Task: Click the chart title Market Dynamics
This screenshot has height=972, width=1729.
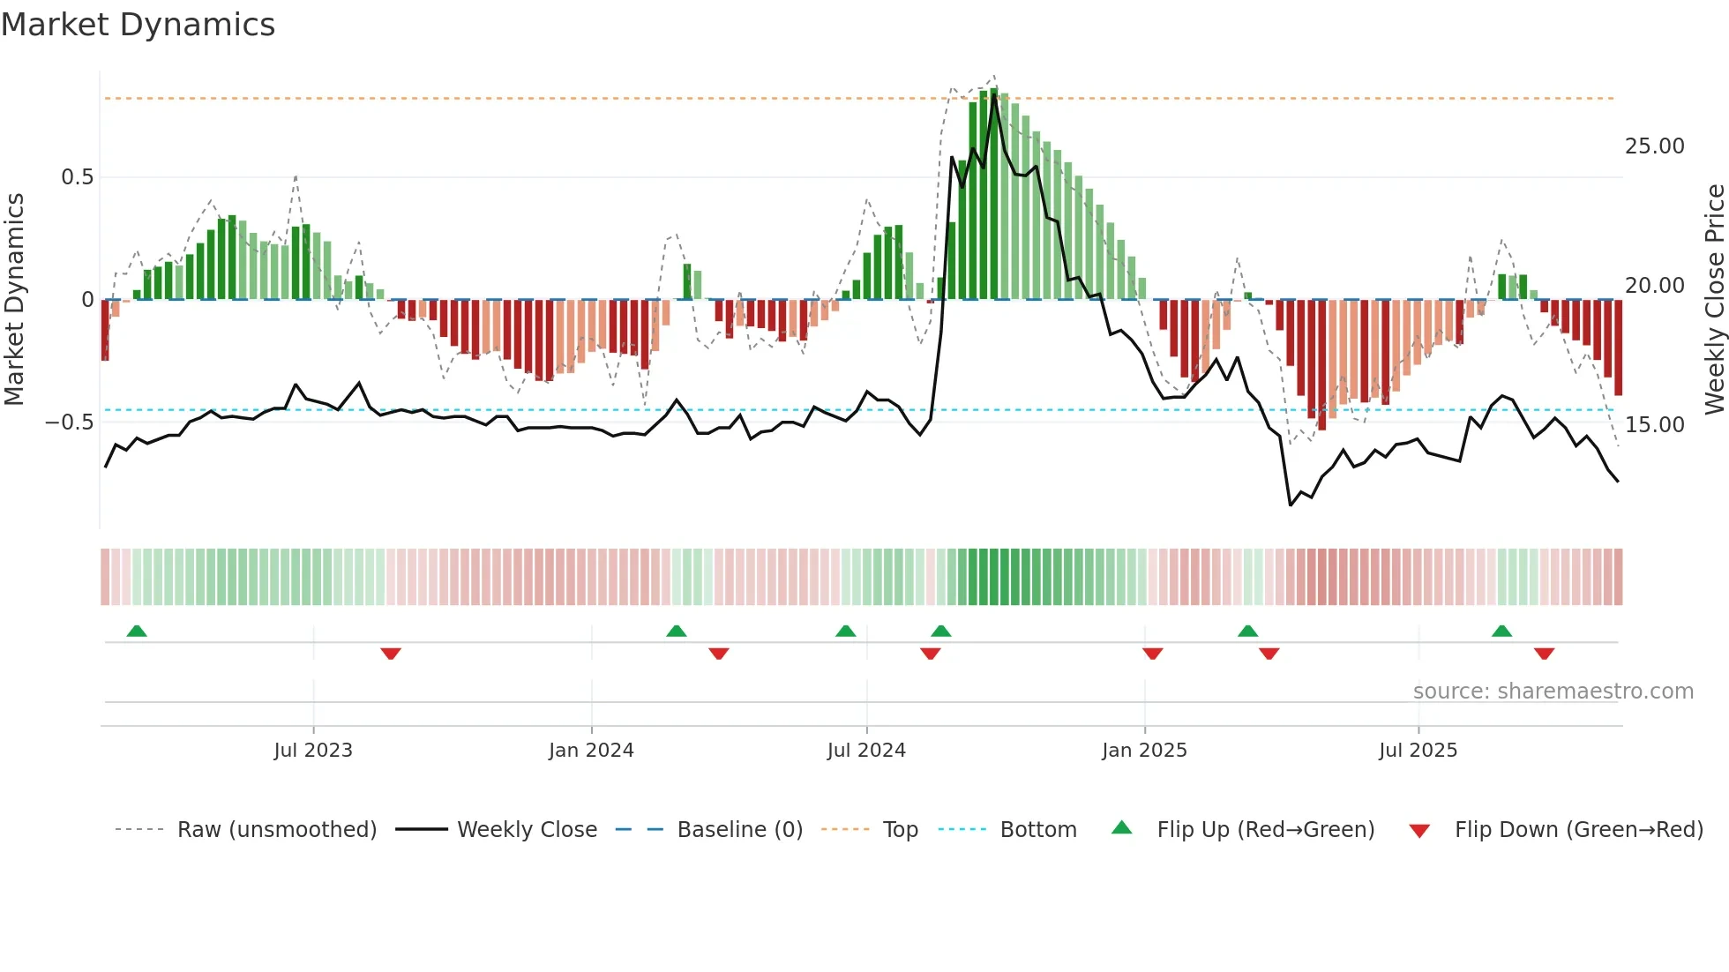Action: pos(138,25)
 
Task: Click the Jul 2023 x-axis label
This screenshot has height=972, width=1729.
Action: pos(313,751)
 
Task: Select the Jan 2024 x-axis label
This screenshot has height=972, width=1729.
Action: pos(591,751)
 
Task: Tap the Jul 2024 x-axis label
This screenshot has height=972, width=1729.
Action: pos(866,751)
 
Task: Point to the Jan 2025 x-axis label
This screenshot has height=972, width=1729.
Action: pos(1144,751)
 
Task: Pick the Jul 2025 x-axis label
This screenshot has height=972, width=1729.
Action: pos(1418,751)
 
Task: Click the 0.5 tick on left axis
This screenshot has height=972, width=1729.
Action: pos(77,177)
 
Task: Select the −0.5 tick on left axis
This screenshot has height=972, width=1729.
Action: pos(70,422)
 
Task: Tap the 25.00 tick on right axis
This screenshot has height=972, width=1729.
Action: pos(1655,146)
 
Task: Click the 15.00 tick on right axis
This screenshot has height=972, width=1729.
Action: pos(1655,425)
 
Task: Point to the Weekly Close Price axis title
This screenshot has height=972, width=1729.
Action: pos(1714,300)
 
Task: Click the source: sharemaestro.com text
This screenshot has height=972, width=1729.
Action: pos(1553,692)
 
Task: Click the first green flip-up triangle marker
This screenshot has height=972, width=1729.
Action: pos(137,631)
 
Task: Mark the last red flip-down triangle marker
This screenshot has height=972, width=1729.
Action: pos(1544,654)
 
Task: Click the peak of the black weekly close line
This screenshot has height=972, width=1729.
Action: pos(994,95)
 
